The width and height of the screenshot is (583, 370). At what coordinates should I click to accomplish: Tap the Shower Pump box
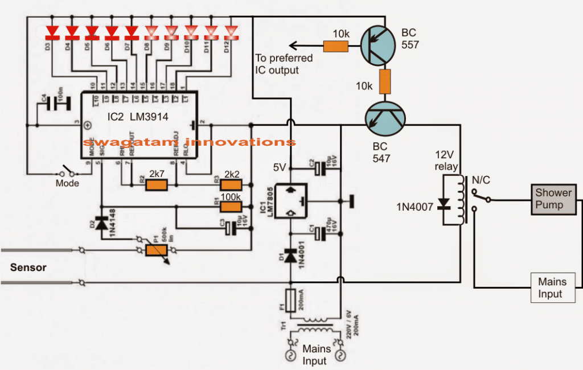pos(552,199)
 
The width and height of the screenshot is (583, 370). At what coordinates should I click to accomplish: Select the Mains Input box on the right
pos(550,287)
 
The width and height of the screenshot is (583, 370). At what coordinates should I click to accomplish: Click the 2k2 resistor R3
pos(231,185)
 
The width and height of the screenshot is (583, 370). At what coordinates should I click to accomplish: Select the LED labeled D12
pos(231,31)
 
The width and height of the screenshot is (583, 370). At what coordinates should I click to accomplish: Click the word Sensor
pos(30,266)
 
